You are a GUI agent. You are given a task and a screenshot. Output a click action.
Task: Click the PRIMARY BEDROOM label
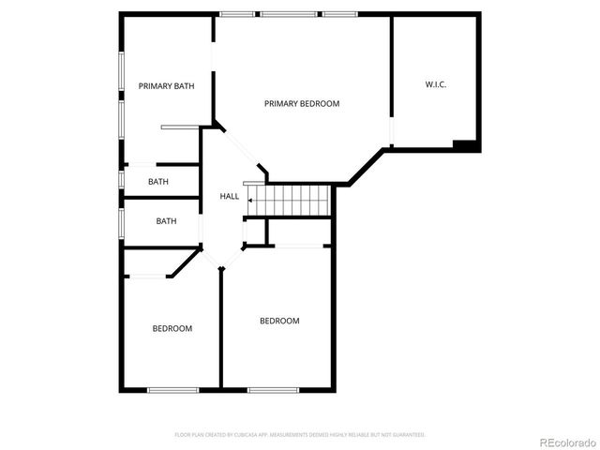coord(301,103)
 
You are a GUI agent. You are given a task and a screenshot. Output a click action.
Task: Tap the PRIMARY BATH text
coord(166,86)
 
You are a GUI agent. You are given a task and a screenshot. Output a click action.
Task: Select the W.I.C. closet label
coord(435,84)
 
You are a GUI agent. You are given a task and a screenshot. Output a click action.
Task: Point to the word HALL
coord(229,196)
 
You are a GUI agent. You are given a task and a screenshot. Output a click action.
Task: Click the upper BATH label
coord(157,182)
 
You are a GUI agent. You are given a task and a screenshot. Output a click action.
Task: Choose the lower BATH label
coord(166,221)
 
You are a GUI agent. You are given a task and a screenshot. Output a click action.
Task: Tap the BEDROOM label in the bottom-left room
coord(172,328)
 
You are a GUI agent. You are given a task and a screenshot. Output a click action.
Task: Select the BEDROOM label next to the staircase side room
coord(279,321)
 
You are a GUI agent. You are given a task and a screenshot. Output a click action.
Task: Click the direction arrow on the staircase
coord(251,200)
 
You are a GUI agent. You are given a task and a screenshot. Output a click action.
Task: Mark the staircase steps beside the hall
coord(291,200)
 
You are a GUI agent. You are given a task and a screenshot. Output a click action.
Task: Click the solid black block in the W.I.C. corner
coord(465,145)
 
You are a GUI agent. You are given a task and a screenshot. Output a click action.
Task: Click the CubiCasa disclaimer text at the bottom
coord(300,435)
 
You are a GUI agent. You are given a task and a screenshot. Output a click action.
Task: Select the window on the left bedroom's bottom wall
coord(172,389)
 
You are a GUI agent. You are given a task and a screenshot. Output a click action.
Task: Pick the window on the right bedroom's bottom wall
coord(273,389)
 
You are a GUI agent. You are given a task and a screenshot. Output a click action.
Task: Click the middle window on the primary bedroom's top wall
coord(288,14)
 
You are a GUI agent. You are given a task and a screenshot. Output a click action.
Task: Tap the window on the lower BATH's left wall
coord(121,222)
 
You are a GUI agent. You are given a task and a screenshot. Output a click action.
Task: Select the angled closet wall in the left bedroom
coord(184,263)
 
